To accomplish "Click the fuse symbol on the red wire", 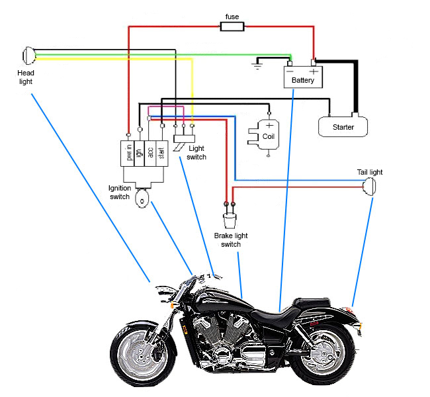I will tap(232, 27).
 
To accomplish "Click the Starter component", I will tap(343, 126).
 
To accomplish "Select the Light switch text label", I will tap(196, 153).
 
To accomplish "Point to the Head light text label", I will tap(25, 77).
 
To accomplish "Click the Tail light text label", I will tap(370, 172).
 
